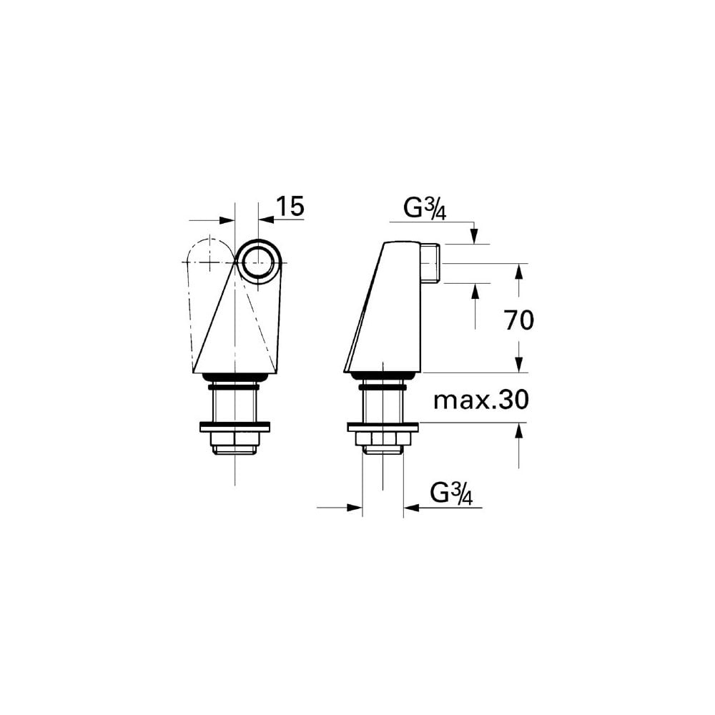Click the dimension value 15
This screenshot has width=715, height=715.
click(x=290, y=206)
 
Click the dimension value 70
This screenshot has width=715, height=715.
click(x=519, y=321)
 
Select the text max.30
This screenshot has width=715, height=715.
click(x=480, y=400)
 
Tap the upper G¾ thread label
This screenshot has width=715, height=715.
click(x=425, y=209)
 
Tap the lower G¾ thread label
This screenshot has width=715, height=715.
click(x=453, y=493)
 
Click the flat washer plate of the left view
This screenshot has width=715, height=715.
click(x=235, y=427)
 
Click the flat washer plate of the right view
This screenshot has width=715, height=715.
click(x=383, y=427)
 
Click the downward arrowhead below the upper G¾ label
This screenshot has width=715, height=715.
click(x=473, y=237)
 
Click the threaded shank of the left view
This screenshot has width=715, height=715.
click(x=235, y=405)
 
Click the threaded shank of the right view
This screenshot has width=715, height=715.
click(x=383, y=405)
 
